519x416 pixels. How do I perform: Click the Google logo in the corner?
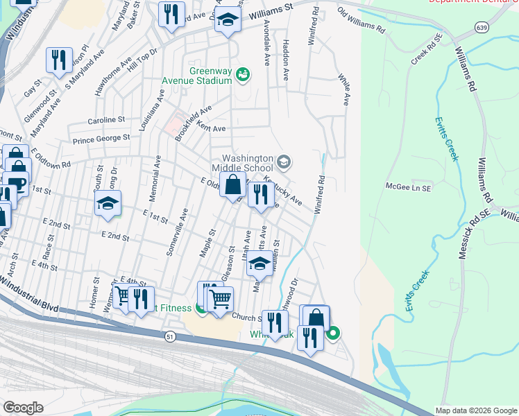pos(24,407)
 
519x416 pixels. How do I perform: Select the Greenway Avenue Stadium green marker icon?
pos(242,73)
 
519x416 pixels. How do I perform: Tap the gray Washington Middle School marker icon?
pos(283,162)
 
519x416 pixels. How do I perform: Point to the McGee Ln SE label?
pos(409,187)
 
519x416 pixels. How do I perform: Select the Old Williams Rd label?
pos(361,21)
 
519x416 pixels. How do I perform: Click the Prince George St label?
pos(102,138)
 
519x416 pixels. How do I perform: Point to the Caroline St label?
pos(105,120)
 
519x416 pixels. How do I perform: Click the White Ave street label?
pos(343,89)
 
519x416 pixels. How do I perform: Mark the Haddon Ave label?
pos(285,59)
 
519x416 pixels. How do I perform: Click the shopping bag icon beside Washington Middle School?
pos(233,186)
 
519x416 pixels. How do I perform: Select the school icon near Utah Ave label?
pos(259,264)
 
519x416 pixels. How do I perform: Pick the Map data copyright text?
pos(476,410)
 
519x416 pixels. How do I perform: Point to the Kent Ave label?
pos(211,128)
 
